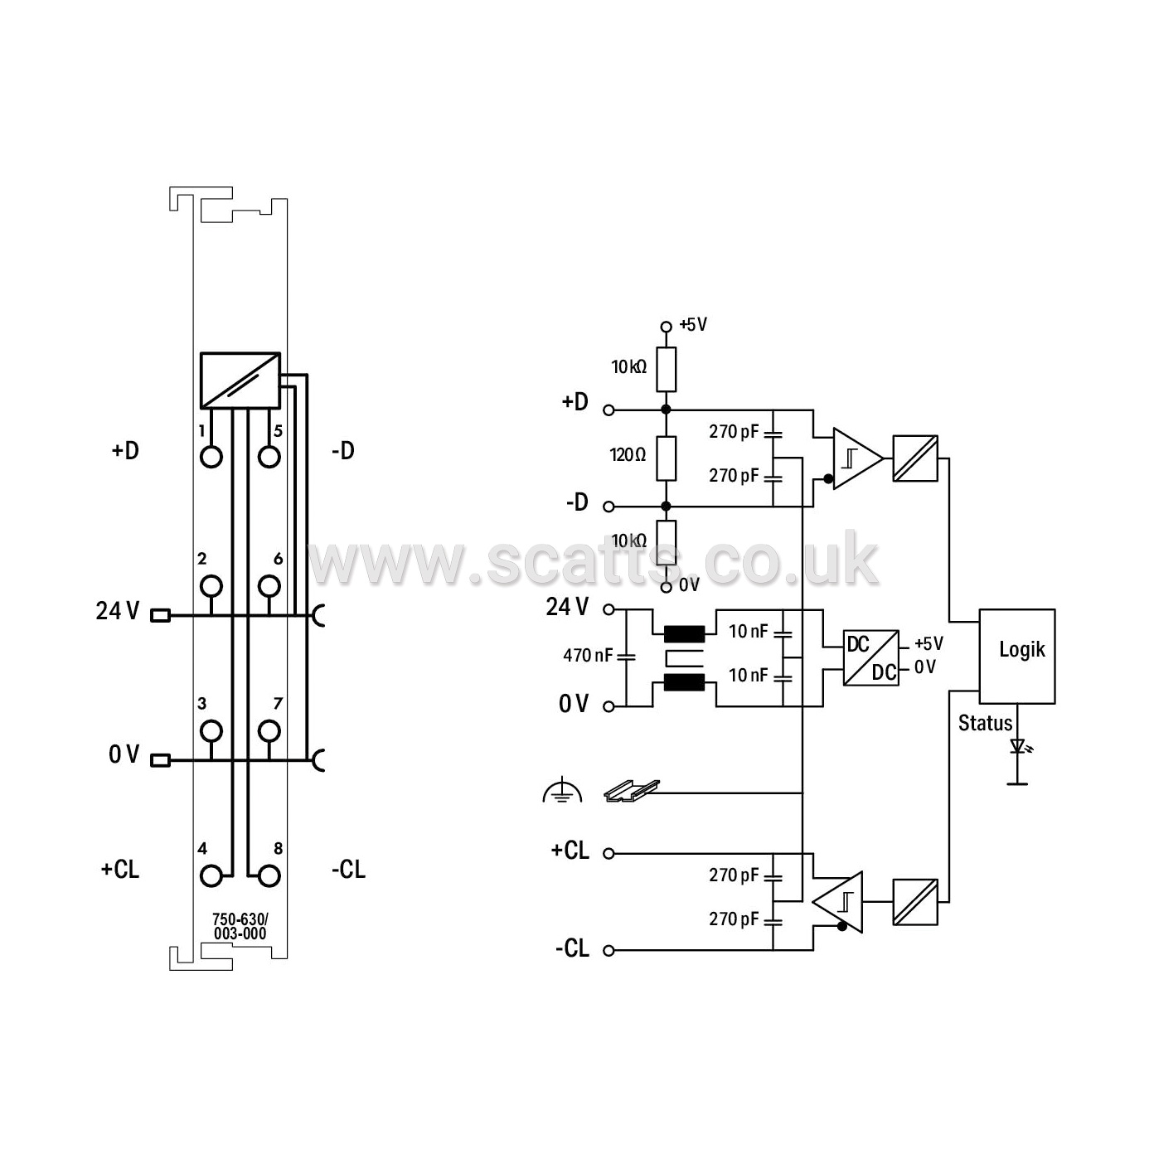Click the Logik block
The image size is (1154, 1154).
coord(1016,656)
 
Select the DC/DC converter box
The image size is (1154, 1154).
coord(870,657)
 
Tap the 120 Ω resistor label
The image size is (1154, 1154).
coord(628,455)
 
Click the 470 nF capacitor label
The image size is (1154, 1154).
coord(588,655)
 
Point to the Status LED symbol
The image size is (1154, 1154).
coord(1017,746)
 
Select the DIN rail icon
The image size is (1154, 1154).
coord(632,791)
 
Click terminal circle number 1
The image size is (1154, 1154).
coord(211,457)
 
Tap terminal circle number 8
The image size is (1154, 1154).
coord(269,876)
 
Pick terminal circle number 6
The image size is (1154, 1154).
coord(269,585)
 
